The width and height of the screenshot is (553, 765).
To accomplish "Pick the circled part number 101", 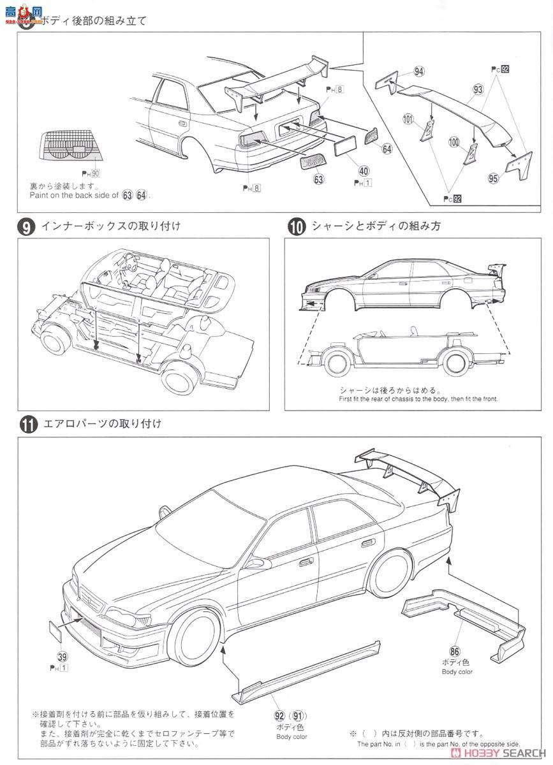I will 409,119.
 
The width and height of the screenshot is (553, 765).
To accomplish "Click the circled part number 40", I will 363,171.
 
